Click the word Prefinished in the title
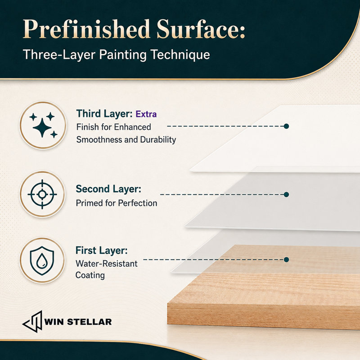tap(86, 29)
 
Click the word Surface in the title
tap(201, 29)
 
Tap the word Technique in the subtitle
tap(180, 54)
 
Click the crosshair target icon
tap(42, 194)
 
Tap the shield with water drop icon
tap(42, 261)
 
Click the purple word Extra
tap(146, 114)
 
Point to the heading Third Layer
tap(104, 114)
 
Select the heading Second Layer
tap(108, 189)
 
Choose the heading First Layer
tap(102, 251)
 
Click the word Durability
tap(158, 139)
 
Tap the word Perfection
tap(138, 203)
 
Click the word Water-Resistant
tap(107, 264)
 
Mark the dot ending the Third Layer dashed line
tap(286, 126)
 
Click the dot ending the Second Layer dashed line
tap(286, 194)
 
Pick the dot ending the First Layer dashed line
tap(286, 260)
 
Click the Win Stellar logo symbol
tap(32, 322)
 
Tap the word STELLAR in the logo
tap(89, 322)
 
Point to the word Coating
tap(90, 275)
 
